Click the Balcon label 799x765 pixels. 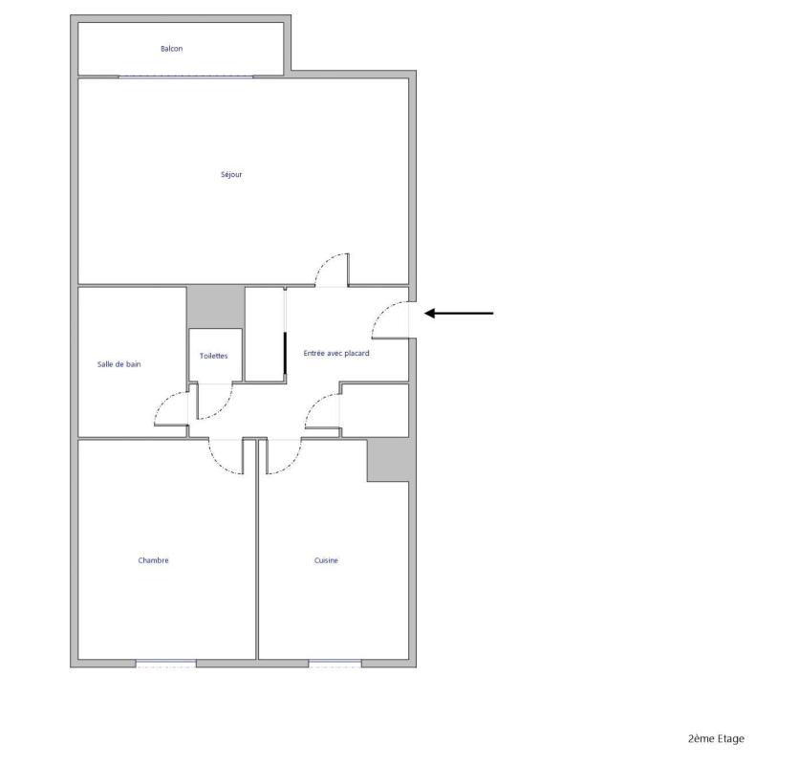point(171,49)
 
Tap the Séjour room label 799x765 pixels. point(231,174)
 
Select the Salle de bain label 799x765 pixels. point(119,364)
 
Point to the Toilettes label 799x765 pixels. point(213,356)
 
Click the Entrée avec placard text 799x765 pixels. point(336,353)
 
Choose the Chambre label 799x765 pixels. point(153,560)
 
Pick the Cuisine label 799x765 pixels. point(326,560)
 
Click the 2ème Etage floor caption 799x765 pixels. point(716,738)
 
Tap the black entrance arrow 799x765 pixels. point(459,313)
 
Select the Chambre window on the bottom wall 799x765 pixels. point(165,663)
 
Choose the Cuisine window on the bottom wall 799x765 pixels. point(335,663)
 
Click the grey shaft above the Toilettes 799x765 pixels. point(216,308)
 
